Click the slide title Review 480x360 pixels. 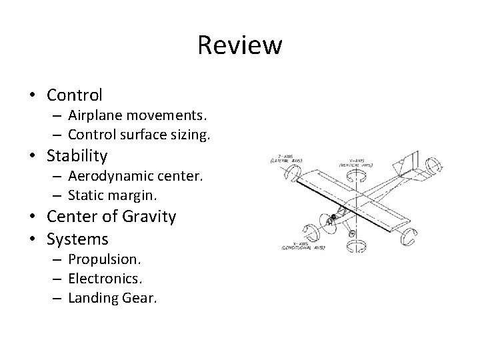pos(240,46)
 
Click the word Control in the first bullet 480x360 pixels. pos(74,95)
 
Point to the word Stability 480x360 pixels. pos(77,156)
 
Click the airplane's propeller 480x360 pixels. pos(328,220)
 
